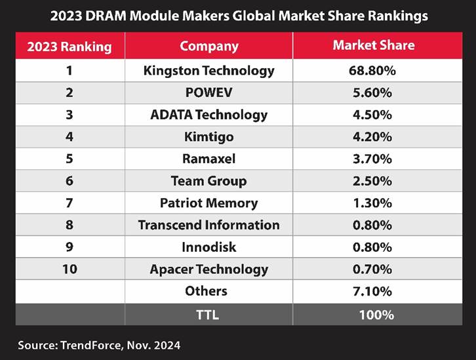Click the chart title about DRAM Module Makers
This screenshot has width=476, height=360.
[x=238, y=15]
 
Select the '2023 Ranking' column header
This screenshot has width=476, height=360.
[x=69, y=47]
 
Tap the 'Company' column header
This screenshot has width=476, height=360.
[x=208, y=47]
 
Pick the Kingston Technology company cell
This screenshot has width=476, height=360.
[x=208, y=70]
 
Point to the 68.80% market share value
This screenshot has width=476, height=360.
[x=376, y=70]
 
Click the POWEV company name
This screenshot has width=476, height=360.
[x=208, y=92]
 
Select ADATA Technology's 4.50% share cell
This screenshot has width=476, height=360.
[x=376, y=115]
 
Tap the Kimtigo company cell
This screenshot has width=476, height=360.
[x=208, y=136]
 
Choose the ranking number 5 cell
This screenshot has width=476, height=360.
[x=69, y=159]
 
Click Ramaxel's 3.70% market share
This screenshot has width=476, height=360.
[x=376, y=159]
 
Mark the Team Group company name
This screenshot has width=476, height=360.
[x=208, y=181]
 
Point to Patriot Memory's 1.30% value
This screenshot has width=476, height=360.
[x=376, y=203]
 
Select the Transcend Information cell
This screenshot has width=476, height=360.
[x=208, y=225]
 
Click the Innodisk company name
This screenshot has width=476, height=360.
[x=208, y=247]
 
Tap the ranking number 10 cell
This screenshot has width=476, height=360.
[x=69, y=269]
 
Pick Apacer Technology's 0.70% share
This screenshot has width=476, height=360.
[x=376, y=269]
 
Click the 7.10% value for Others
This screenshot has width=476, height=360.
[x=376, y=291]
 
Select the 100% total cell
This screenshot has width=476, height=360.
[x=376, y=314]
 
